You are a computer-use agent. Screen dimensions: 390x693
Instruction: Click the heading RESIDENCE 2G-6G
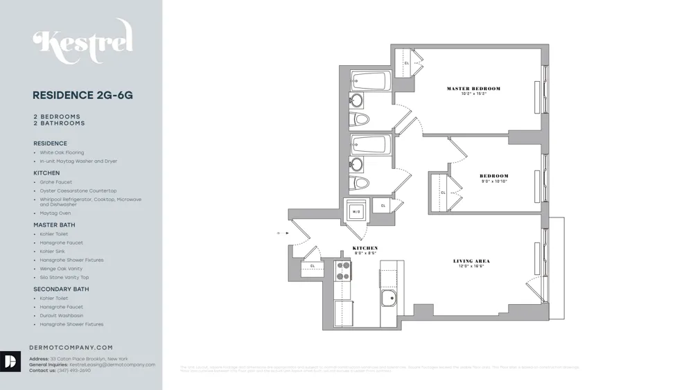pyautogui.click(x=82, y=96)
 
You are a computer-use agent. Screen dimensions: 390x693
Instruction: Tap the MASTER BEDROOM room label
pyautogui.click(x=473, y=89)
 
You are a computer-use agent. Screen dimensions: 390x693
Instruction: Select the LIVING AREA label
pyautogui.click(x=471, y=261)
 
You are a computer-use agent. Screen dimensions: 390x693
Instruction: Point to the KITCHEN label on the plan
pyautogui.click(x=365, y=248)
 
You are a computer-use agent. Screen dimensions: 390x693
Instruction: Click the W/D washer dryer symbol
pyautogui.click(x=357, y=211)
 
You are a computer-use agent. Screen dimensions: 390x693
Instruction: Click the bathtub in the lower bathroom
pyautogui.click(x=371, y=145)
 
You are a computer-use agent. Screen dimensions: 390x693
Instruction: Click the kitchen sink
pyautogui.click(x=389, y=299)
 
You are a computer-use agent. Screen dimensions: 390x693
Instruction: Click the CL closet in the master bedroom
pyautogui.click(x=407, y=63)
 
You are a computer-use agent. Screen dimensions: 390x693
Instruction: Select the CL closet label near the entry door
pyautogui.click(x=313, y=265)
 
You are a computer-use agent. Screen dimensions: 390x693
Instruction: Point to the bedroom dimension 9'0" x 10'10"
pyautogui.click(x=494, y=181)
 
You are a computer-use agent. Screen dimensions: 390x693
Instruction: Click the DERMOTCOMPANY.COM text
pyautogui.click(x=71, y=348)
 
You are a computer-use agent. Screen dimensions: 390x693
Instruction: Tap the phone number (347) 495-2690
pyautogui.click(x=74, y=371)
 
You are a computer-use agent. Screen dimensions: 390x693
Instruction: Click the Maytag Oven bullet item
pyautogui.click(x=55, y=213)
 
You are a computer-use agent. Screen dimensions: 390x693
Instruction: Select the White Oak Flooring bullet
pyautogui.click(x=62, y=152)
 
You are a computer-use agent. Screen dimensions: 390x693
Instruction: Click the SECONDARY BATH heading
pyautogui.click(x=61, y=289)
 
